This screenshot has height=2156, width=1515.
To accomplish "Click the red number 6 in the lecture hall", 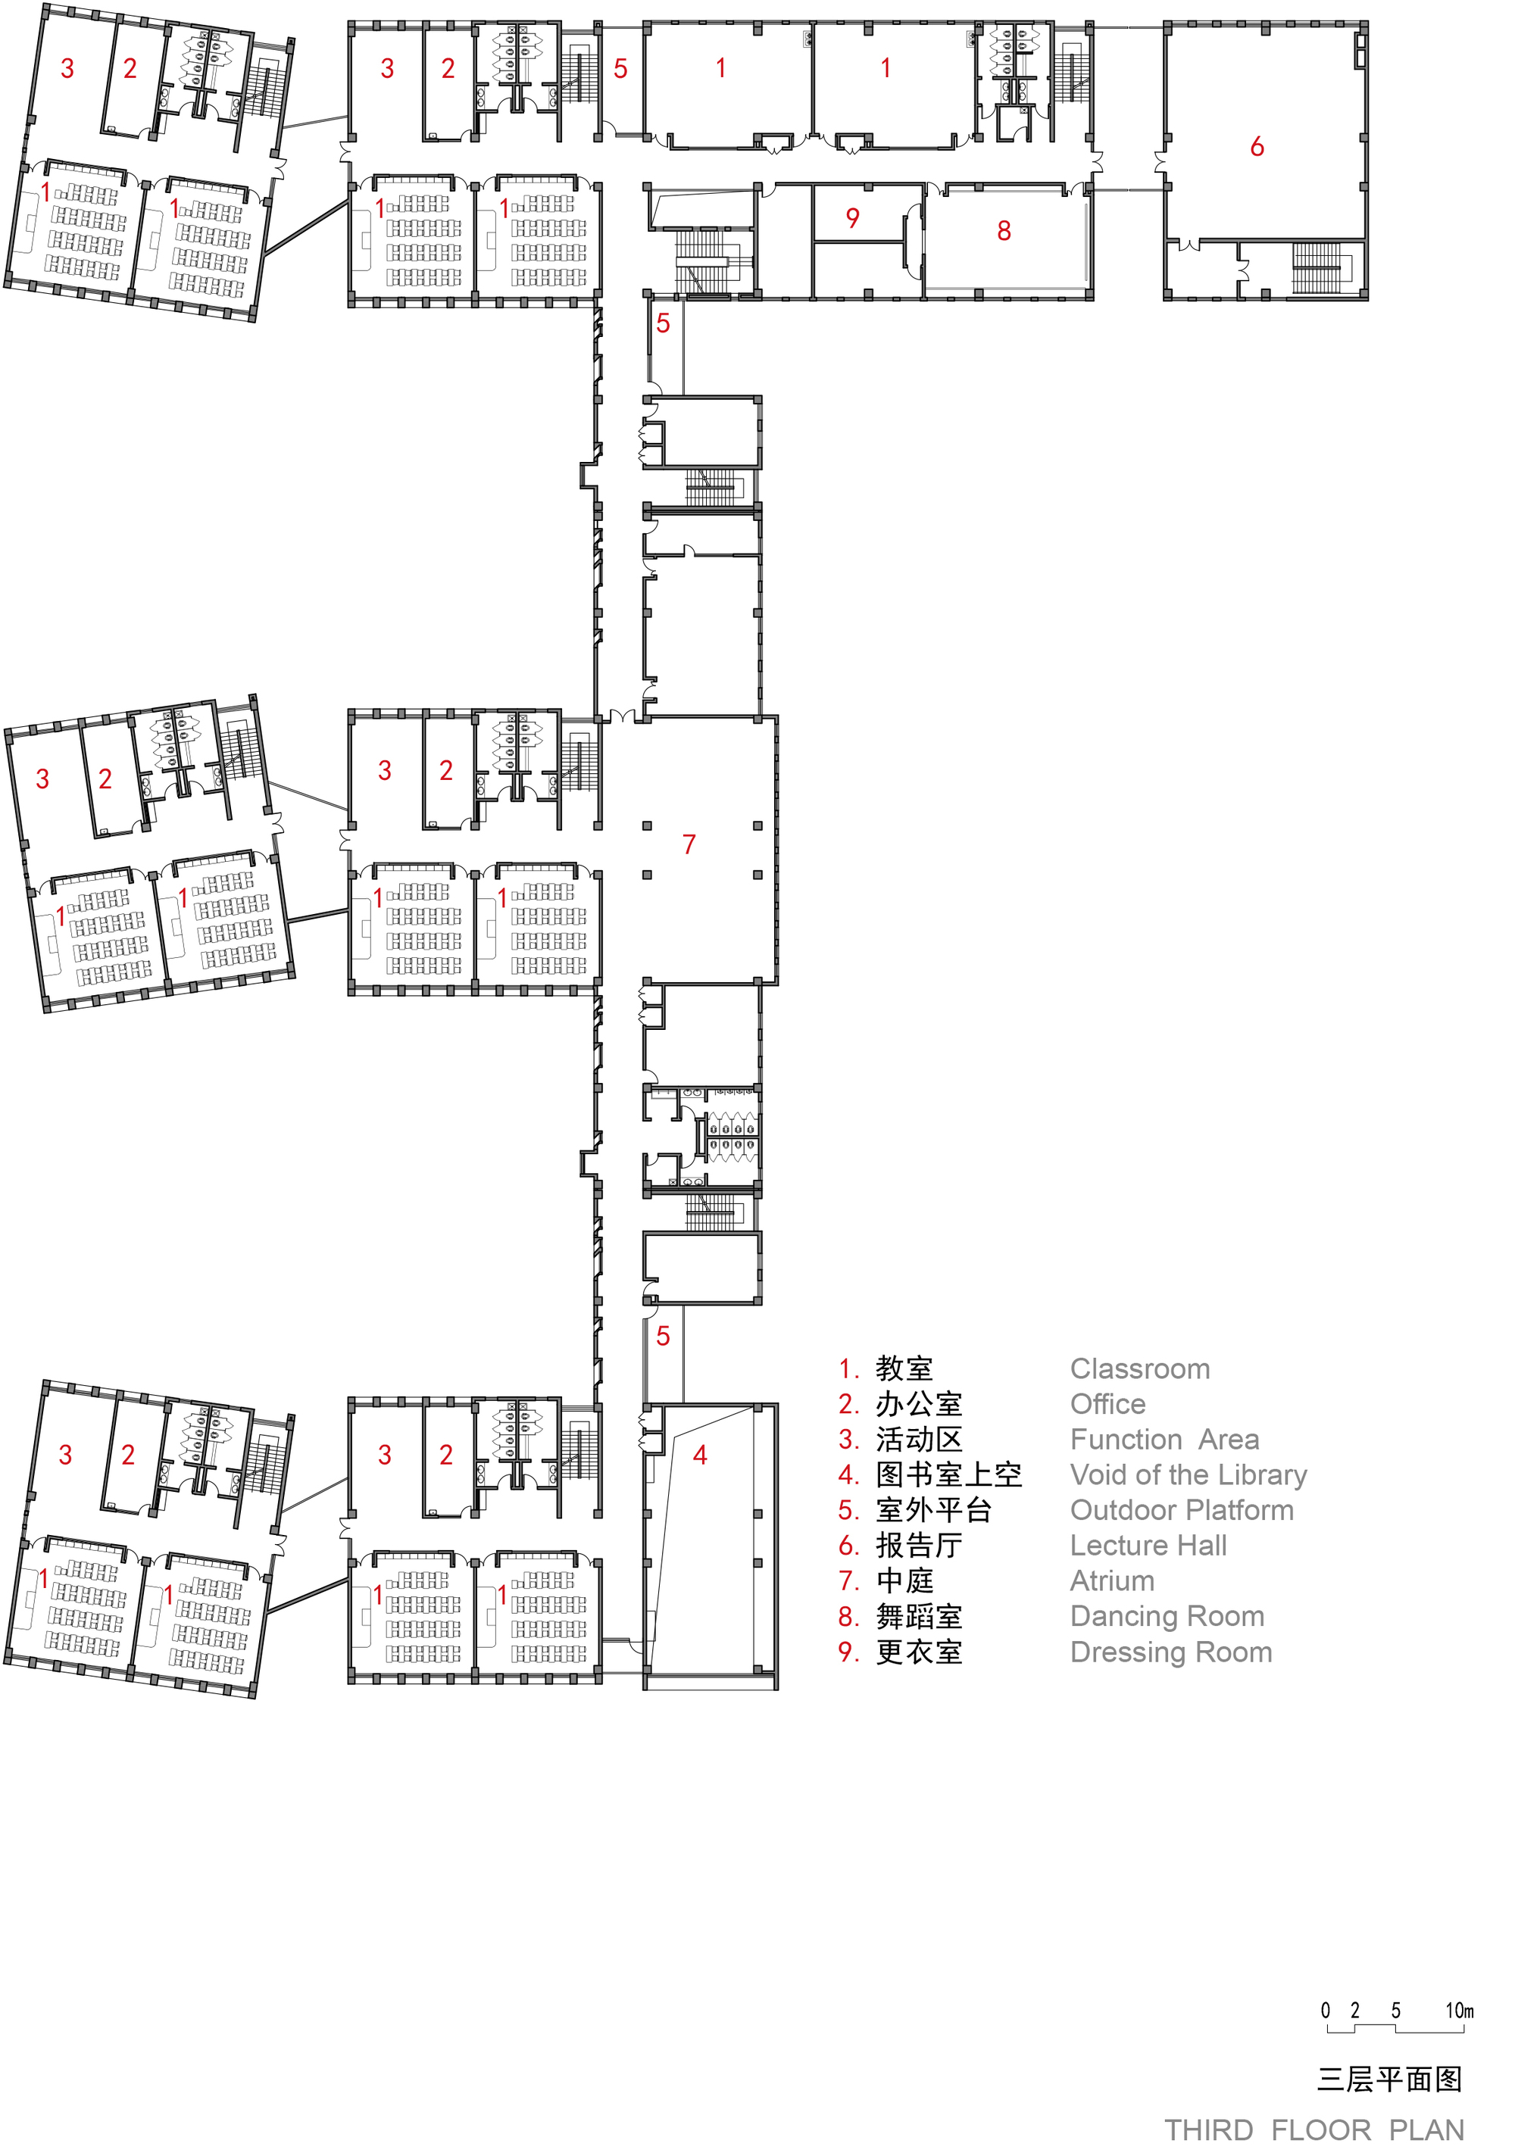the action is (1257, 146).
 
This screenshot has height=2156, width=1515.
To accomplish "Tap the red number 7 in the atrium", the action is (689, 844).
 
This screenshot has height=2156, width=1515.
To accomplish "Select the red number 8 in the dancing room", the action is (1004, 231).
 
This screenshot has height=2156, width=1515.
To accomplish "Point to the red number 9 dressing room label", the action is (853, 218).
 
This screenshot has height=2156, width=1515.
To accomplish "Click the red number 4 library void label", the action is (700, 1456).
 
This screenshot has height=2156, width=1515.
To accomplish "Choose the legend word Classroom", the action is (1140, 1369).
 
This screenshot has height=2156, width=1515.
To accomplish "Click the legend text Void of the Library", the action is (1189, 1475).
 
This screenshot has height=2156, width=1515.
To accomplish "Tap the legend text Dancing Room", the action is (1167, 1617).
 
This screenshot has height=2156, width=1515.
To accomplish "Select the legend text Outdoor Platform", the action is (1182, 1511).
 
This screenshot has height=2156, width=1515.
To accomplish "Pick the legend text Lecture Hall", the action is (1148, 1546).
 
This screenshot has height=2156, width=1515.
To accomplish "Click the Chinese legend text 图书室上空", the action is (948, 1475).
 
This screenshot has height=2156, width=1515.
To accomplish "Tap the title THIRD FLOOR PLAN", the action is (1314, 2131).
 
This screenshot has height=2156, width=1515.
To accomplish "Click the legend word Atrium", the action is (1113, 1581).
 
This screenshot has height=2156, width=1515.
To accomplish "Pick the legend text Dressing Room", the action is (1171, 1652).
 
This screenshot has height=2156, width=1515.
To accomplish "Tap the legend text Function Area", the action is (1165, 1440).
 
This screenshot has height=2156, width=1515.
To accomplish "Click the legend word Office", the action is (1108, 1404).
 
